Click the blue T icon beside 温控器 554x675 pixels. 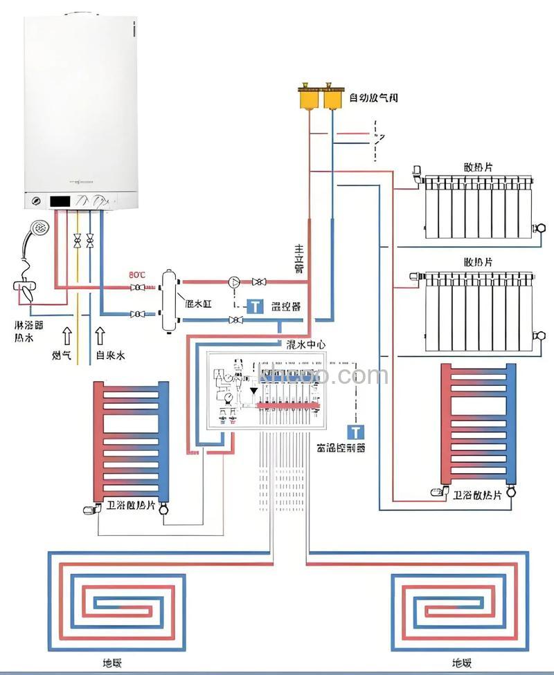pyautogui.click(x=256, y=306)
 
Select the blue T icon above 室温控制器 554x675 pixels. pyautogui.click(x=356, y=433)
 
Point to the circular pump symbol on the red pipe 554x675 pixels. pyautogui.click(x=233, y=281)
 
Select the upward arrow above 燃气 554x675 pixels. pyautogui.click(x=67, y=336)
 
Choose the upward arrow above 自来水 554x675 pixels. pyautogui.click(x=100, y=336)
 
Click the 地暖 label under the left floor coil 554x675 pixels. pyautogui.click(x=112, y=663)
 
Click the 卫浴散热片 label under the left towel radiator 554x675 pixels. pyautogui.click(x=132, y=503)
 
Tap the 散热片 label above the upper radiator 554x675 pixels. pyautogui.click(x=479, y=167)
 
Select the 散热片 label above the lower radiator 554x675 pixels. pyautogui.click(x=479, y=262)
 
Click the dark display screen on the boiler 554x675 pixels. pyautogui.click(x=62, y=201)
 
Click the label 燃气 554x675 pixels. pyautogui.click(x=62, y=355)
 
